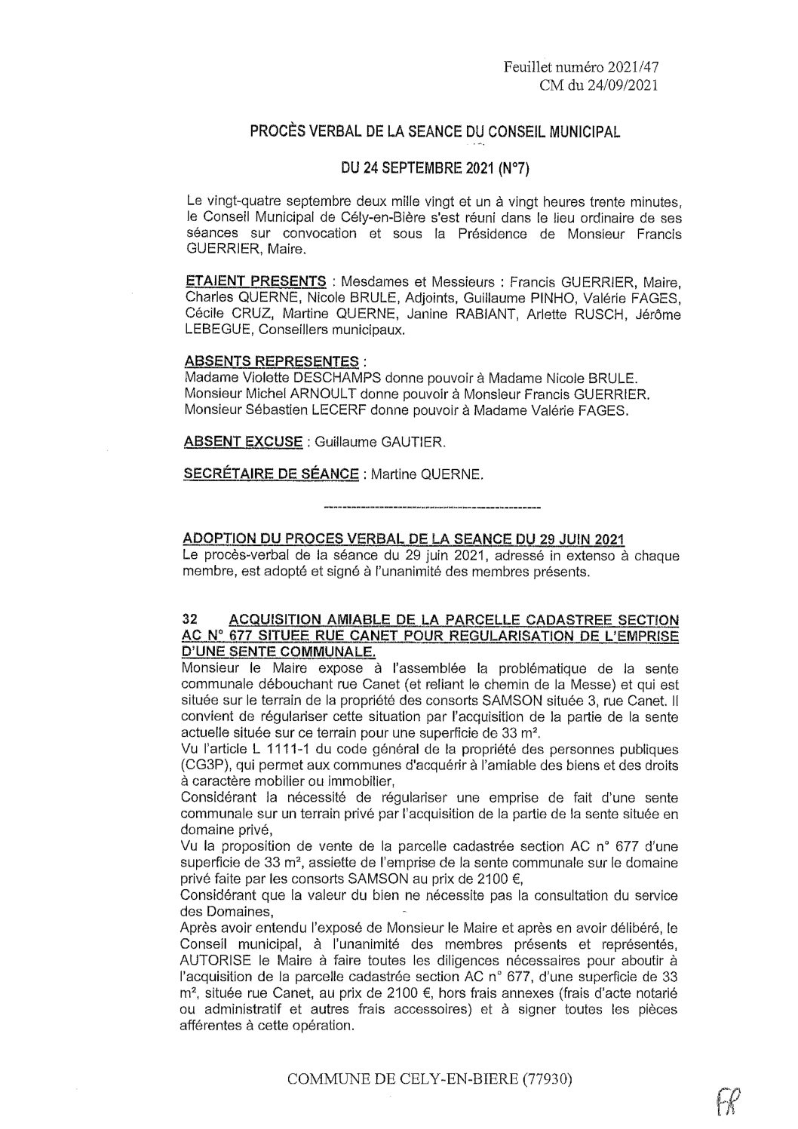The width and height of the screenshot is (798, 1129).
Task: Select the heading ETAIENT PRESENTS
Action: (256, 281)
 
